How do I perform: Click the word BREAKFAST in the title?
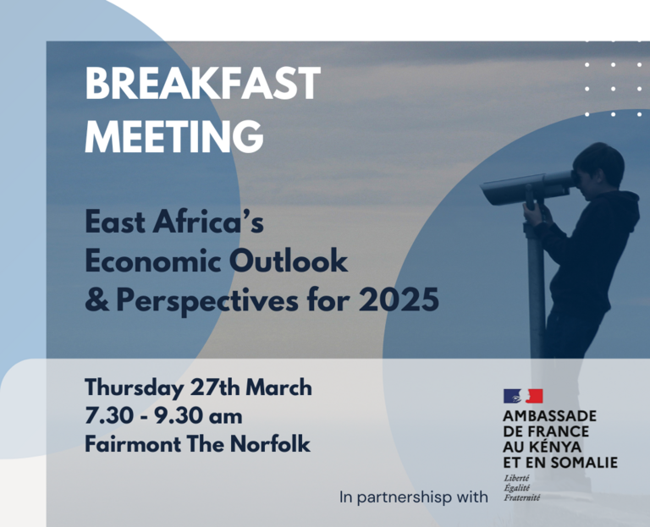pyautogui.click(x=203, y=84)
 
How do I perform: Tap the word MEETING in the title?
pyautogui.click(x=174, y=136)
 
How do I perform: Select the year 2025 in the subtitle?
pyautogui.click(x=399, y=299)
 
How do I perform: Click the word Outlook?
pyautogui.click(x=289, y=261)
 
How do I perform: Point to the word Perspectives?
pyautogui.click(x=207, y=301)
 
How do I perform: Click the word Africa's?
pyautogui.click(x=208, y=222)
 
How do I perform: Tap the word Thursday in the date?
pyautogui.click(x=135, y=388)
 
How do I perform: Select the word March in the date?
pyautogui.click(x=278, y=387)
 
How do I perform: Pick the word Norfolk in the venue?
pyautogui.click(x=270, y=444)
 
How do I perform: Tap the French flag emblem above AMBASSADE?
pyautogui.click(x=523, y=396)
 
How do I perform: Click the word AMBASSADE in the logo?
pyautogui.click(x=549, y=415)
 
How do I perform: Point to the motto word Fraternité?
pyautogui.click(x=522, y=497)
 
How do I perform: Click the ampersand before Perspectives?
pyautogui.click(x=97, y=299)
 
